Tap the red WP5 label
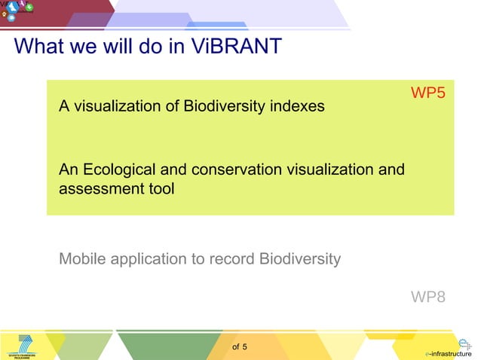pyautogui.click(x=427, y=93)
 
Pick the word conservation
pyautogui.click(x=229, y=170)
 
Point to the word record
pyautogui.click(x=231, y=259)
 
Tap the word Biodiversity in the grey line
pyautogui.click(x=299, y=259)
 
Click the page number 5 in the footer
pyautogui.click(x=245, y=347)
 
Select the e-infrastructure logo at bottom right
pyautogui.click(x=449, y=347)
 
